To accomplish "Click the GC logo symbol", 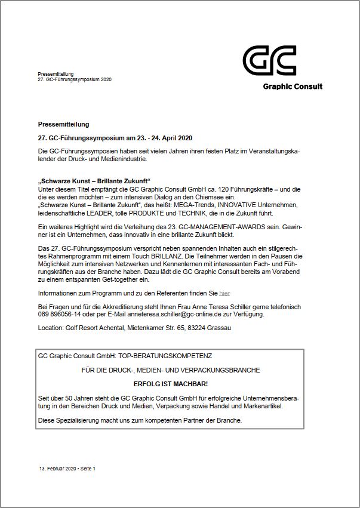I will pyautogui.click(x=269, y=61).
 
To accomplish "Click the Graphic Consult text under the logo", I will pyautogui.click(x=293, y=86).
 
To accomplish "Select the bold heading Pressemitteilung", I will pyautogui.click(x=63, y=124).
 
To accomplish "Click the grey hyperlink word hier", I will pyautogui.click(x=224, y=293).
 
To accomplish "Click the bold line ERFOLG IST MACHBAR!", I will pyautogui.click(x=171, y=384).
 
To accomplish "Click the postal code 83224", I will pyautogui.click(x=198, y=328).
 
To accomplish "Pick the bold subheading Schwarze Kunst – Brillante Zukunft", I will pyautogui.click(x=94, y=181).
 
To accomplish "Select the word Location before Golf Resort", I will pyautogui.click(x=49, y=328).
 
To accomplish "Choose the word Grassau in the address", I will pyautogui.click(x=219, y=328).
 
